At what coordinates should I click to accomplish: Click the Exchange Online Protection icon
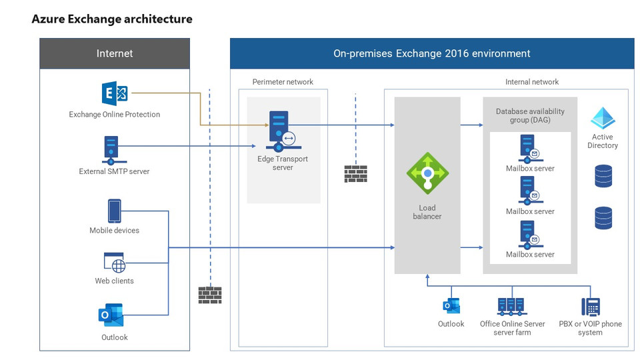[x=115, y=93]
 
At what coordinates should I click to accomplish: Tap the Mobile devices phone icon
[x=115, y=211]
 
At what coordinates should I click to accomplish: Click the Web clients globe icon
[x=115, y=263]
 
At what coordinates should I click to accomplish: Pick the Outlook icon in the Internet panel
[x=111, y=315]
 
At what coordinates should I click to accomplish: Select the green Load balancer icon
[x=427, y=174]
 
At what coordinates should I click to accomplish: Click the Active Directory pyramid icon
[x=603, y=119]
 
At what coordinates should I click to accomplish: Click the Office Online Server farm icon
[x=511, y=306]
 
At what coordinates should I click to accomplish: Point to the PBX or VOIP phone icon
[x=590, y=306]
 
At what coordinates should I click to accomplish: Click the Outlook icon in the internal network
[x=451, y=306]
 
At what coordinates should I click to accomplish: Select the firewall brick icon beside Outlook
[x=210, y=295]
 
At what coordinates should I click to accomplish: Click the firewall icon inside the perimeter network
[x=355, y=173]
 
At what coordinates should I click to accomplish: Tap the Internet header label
[x=115, y=53]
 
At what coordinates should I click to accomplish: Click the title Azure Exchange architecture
[x=112, y=19]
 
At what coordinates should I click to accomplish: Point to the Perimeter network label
[x=283, y=82]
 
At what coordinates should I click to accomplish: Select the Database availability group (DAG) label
[x=530, y=116]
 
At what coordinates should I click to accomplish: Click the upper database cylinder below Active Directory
[x=603, y=175]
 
